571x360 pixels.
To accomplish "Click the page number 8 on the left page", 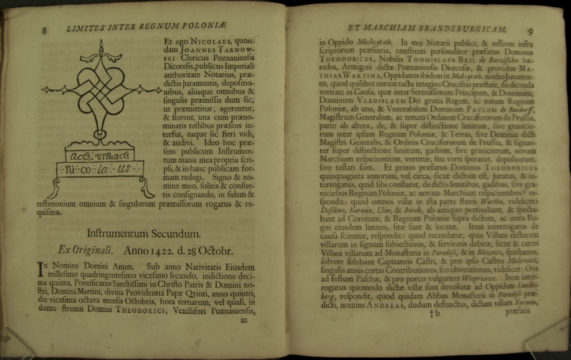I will click(x=44, y=30).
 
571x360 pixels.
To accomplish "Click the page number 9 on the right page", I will click(x=530, y=30).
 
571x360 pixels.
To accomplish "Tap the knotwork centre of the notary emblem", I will click(x=101, y=89).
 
